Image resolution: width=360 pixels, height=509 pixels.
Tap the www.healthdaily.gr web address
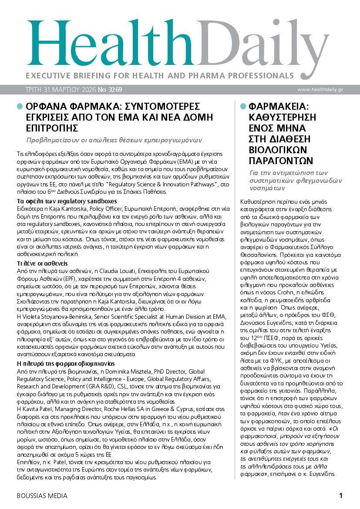[x=320, y=89]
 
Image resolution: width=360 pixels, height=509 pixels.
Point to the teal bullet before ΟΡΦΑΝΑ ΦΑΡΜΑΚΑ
[x=19, y=107]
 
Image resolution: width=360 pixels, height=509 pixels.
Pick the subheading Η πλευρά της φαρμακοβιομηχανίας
[x=65, y=363]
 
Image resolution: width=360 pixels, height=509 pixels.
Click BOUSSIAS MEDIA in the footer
[x=42, y=496]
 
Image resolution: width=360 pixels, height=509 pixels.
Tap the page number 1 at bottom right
[x=341, y=495]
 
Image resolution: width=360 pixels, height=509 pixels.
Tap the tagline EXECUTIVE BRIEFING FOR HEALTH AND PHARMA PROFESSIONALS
[x=159, y=74]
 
